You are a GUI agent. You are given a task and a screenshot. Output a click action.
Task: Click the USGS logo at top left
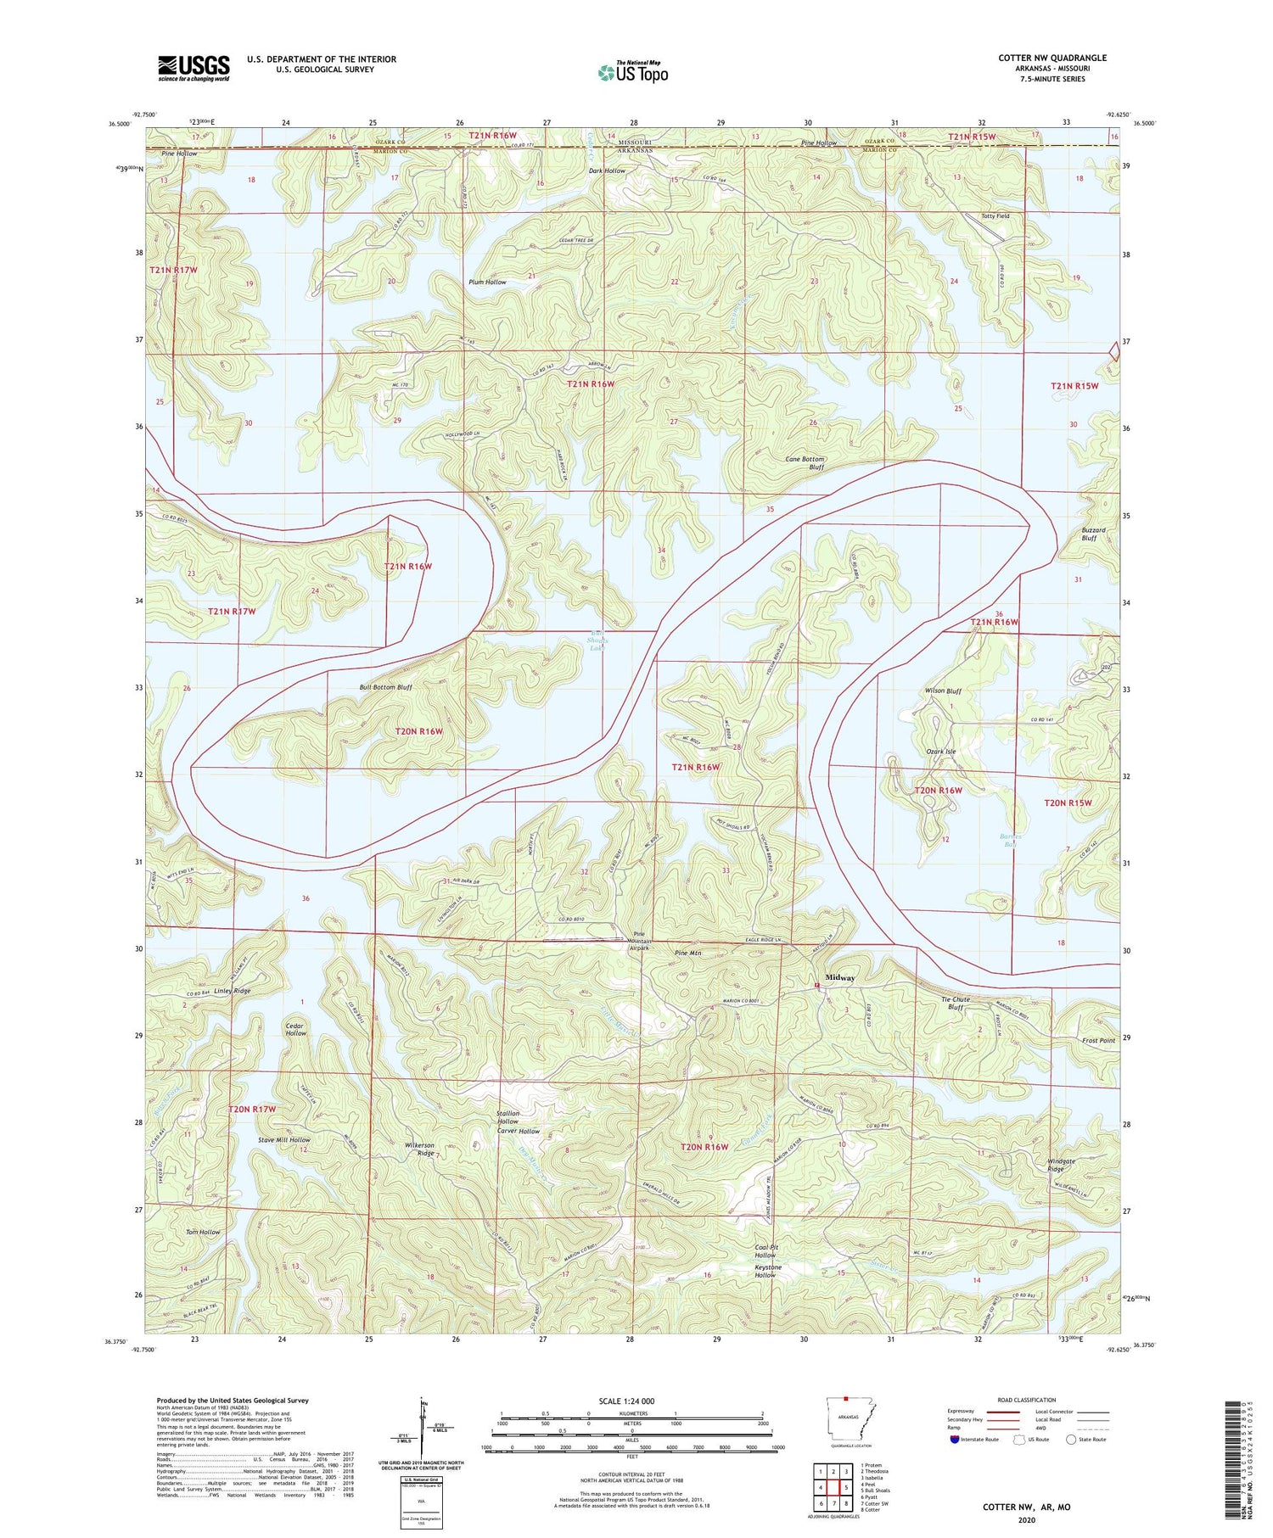(193, 68)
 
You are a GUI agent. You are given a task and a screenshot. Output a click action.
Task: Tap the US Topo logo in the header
(633, 72)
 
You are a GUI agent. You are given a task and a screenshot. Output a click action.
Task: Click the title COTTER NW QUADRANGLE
(1052, 59)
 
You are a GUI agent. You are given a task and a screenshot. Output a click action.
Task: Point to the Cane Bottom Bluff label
(804, 463)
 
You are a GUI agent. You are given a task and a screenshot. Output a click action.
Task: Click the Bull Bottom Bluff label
(385, 687)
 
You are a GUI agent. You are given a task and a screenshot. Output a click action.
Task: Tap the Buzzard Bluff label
(1093, 534)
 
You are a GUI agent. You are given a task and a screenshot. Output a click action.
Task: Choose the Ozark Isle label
(940, 752)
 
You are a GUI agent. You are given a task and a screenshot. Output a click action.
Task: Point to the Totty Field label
(995, 216)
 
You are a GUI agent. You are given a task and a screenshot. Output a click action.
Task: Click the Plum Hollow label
(487, 282)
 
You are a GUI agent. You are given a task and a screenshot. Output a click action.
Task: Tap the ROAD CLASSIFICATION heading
(1027, 1400)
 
